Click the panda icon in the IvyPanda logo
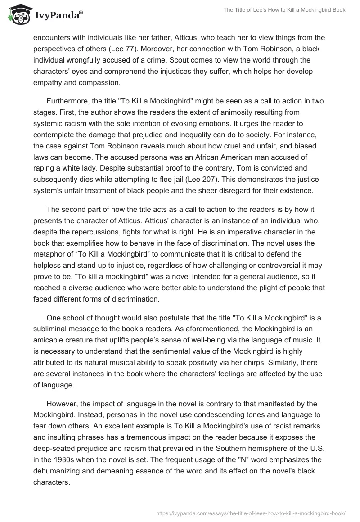tap(18, 14)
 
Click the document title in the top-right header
tap(278, 10)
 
